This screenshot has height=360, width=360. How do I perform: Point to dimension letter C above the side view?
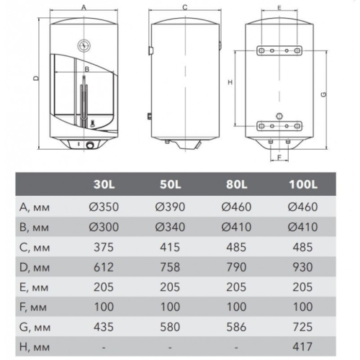coord(184,7)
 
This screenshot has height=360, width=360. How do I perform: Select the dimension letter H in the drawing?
coord(229,83)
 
